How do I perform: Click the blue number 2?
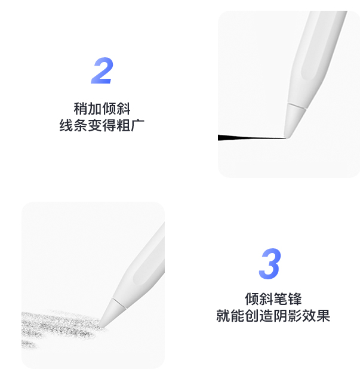102,70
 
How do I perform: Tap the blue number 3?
270,263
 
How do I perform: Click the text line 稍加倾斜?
102,109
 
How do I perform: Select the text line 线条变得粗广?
102,125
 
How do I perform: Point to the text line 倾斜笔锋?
273,299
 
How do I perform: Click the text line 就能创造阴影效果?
273,315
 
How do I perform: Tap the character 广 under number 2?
138,125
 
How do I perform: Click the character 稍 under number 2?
81,109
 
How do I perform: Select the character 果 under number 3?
324,315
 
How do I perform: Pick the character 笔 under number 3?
281,299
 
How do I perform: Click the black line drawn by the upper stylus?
251,138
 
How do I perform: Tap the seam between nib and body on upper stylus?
296,107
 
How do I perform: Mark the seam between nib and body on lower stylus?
119,304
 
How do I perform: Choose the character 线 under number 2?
66,125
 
